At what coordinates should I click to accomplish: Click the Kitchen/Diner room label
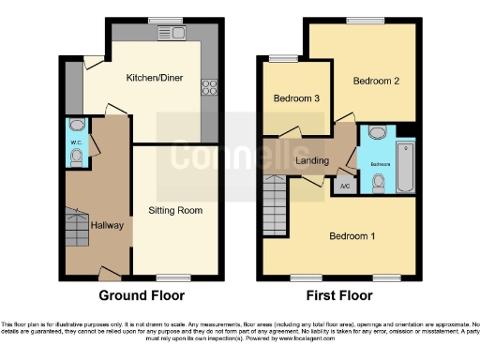[x=155, y=80]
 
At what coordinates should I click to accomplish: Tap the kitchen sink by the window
[x=175, y=35]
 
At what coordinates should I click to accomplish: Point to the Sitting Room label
[x=175, y=210]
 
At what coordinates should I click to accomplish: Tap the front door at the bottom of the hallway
[x=110, y=275]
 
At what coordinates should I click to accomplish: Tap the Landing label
[x=311, y=160]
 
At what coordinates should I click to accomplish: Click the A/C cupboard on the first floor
[x=342, y=185]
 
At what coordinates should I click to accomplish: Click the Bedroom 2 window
[x=361, y=21]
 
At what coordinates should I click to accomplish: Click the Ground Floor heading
[x=142, y=295]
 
